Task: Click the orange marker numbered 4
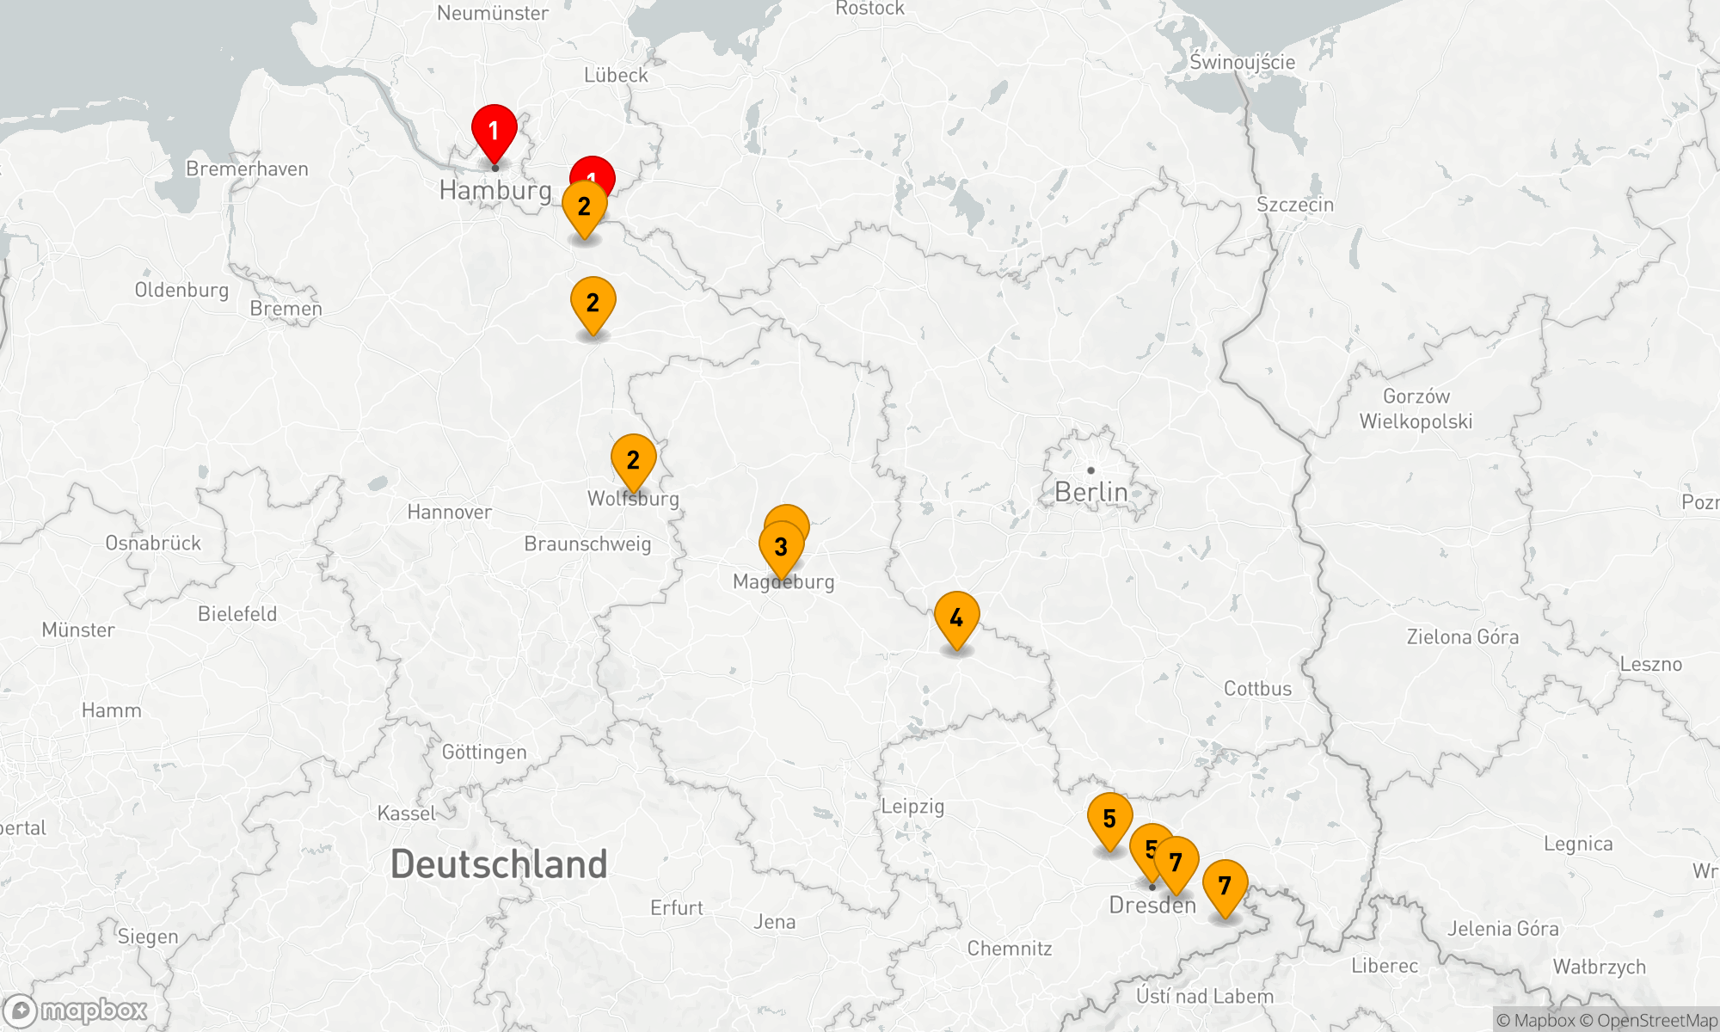coord(956,617)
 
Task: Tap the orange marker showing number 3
coord(781,547)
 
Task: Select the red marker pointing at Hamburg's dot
coord(494,131)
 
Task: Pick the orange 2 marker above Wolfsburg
coord(633,460)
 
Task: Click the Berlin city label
coord(1090,492)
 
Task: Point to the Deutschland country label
coord(499,864)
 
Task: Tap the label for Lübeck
coord(616,75)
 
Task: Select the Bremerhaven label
coord(247,169)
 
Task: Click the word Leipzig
coord(912,806)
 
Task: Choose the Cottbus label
coord(1257,688)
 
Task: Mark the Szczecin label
coord(1295,205)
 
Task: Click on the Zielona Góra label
coord(1462,636)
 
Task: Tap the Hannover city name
coord(449,512)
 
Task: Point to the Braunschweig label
coord(587,544)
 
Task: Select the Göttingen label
coord(484,752)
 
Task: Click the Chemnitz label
coord(1010,948)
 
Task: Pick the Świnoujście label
coord(1242,62)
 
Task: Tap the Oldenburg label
coord(181,290)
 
